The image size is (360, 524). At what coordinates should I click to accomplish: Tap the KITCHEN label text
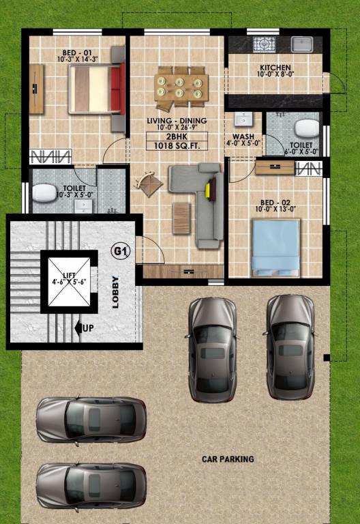275,68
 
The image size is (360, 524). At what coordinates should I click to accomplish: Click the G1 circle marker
120,252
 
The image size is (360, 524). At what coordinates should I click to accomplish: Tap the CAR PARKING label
228,459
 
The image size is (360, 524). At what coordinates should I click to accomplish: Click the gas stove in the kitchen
262,44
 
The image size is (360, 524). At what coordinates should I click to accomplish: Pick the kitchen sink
301,44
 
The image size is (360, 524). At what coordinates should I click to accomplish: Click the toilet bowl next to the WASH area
305,128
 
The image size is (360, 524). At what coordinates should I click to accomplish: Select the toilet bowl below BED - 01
46,194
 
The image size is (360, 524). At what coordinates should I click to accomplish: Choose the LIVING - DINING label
177,121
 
